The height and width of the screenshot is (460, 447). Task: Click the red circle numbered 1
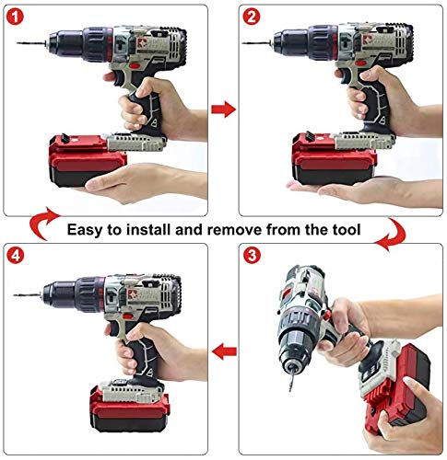tap(15, 17)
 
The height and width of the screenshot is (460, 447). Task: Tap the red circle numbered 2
tap(252, 17)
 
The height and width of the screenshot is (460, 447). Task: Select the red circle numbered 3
tap(252, 255)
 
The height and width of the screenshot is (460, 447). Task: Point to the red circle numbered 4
tap(16, 255)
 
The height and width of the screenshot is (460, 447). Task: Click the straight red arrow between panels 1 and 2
tap(223, 109)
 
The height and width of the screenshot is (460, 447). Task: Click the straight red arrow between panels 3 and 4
tap(224, 351)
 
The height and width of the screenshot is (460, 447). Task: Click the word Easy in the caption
tap(84, 230)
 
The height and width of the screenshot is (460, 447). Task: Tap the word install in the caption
tap(149, 229)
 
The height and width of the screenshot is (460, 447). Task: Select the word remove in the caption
tap(237, 230)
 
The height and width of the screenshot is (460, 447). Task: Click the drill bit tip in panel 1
tap(18, 43)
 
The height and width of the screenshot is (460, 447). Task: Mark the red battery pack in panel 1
tap(88, 160)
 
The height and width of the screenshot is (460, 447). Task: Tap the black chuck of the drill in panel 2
tap(290, 41)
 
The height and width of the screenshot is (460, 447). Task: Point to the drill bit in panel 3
tap(291, 380)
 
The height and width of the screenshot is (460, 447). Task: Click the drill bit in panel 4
tap(28, 295)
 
